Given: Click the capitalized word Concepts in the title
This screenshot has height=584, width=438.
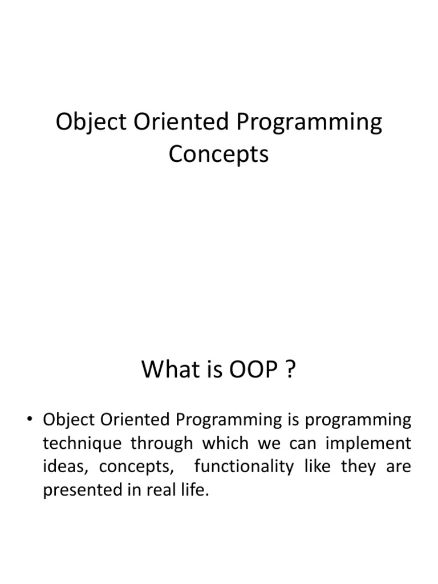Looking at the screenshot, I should (x=218, y=154).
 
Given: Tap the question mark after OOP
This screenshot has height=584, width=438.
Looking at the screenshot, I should (x=291, y=371).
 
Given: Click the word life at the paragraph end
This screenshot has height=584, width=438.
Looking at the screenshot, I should (x=195, y=490).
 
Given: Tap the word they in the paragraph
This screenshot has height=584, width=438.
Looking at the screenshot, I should (x=358, y=467).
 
